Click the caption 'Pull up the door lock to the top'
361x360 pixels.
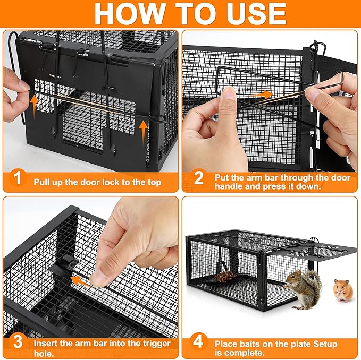pos(97,182)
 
